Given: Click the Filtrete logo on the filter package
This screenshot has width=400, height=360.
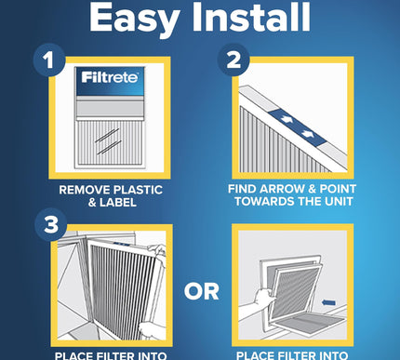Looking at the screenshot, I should [x=104, y=77].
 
